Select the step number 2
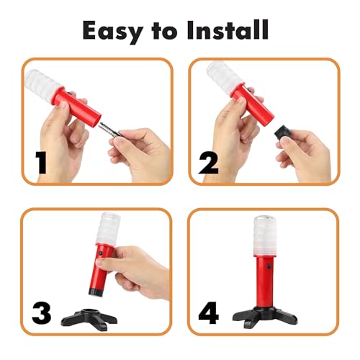point(210,162)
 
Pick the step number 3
point(42,314)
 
